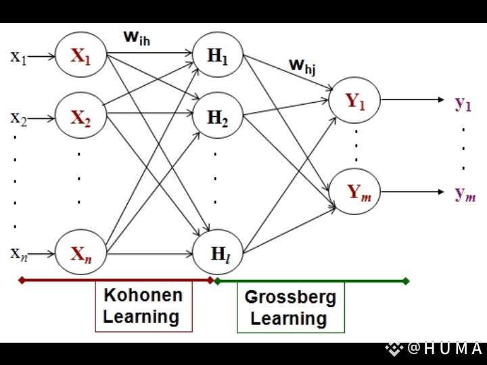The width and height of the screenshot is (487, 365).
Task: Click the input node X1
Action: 81,56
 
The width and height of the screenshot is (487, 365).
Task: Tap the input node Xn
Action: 81,254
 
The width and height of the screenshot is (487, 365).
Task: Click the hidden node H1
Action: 218,56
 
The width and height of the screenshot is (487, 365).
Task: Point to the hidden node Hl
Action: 218,254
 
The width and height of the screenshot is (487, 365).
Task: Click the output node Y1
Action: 355,101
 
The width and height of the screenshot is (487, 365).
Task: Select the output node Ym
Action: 355,193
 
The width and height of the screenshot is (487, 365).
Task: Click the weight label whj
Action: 303,65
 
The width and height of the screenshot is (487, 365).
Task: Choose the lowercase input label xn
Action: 18,254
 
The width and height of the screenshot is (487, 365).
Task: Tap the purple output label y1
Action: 463,103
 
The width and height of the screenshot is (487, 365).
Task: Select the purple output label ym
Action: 465,194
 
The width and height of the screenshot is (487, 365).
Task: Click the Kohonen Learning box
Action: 143,306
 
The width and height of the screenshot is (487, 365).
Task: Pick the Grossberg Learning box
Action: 290,308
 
